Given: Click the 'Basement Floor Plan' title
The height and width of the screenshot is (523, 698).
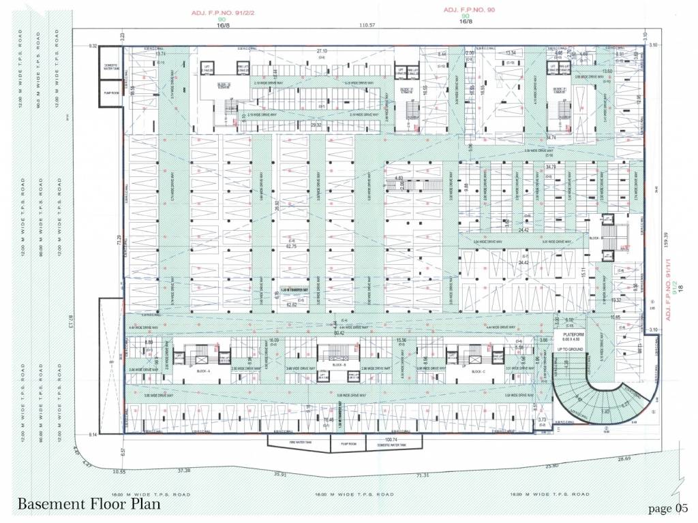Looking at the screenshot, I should point(89,504).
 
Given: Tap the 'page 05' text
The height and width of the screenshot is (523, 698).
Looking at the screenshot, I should point(669,508).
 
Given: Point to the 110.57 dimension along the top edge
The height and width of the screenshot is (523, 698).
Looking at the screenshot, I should point(368,25).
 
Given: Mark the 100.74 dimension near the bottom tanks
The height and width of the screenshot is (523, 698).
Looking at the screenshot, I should point(390,440).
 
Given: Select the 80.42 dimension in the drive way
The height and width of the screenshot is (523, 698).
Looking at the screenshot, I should point(339,334).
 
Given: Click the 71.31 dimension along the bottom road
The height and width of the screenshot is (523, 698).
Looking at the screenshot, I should point(422,475).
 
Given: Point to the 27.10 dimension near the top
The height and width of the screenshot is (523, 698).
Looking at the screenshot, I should point(322,51).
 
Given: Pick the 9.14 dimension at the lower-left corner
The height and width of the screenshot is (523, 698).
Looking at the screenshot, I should point(93,434).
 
